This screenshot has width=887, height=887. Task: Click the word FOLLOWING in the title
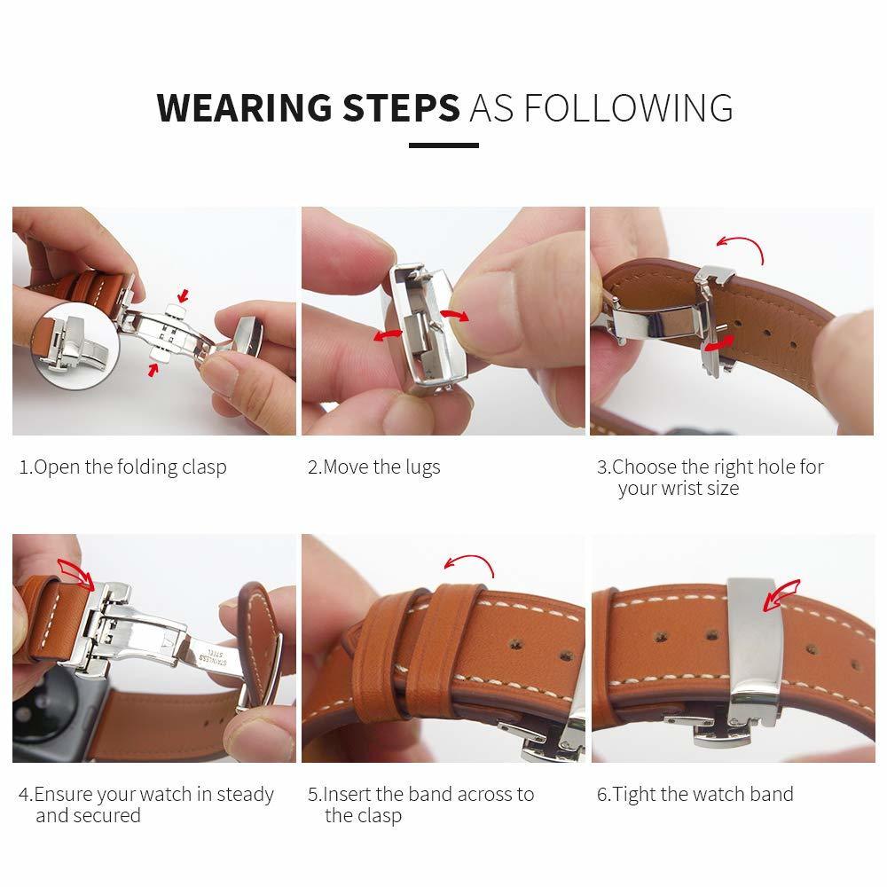[627, 107]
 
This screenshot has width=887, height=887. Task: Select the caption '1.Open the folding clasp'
[123, 467]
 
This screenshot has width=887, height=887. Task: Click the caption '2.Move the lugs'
[373, 467]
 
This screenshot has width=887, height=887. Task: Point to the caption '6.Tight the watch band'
[695, 794]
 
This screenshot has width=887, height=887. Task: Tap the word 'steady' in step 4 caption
[243, 794]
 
